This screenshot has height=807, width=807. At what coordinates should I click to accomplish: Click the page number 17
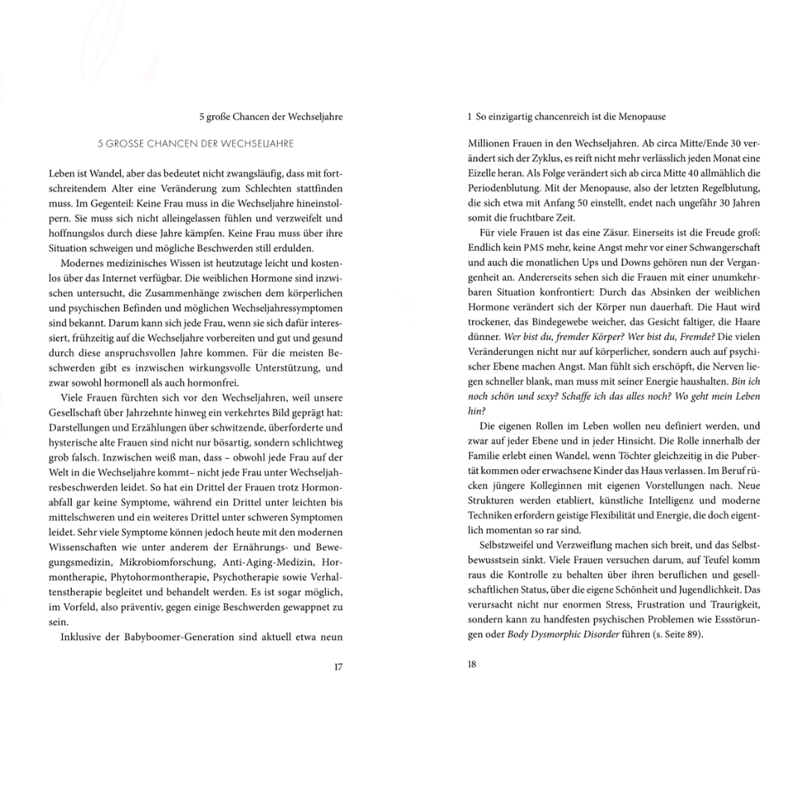click(338, 667)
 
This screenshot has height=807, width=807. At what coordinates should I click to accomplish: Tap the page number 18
click(472, 664)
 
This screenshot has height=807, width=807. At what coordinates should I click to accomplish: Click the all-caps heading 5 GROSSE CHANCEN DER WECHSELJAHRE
click(196, 143)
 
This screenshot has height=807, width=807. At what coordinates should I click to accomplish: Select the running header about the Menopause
click(566, 117)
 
